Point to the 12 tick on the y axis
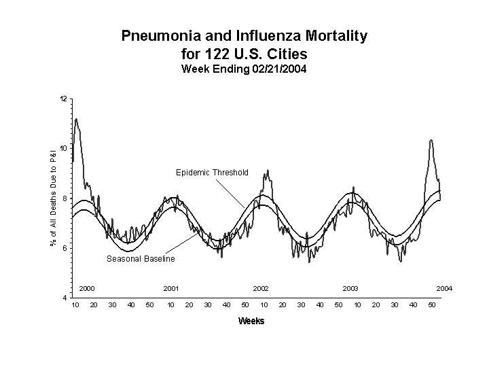[63, 99]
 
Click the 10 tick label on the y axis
[63, 149]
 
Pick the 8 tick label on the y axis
[65, 198]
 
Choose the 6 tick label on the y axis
[65, 248]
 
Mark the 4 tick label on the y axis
[65, 298]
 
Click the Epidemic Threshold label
[212, 173]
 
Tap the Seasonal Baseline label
[141, 259]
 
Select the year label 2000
[87, 289]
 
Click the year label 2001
[171, 289]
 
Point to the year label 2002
[261, 289]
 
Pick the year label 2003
[350, 289]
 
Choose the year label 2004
[444, 289]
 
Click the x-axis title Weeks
[251, 321]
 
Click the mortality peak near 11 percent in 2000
[76, 120]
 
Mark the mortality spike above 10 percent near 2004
[431, 141]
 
